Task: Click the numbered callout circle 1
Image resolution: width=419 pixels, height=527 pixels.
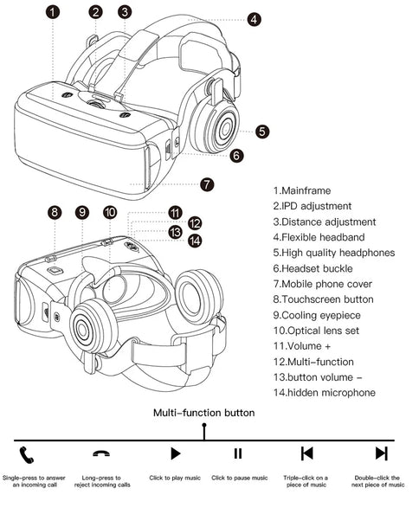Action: tap(53, 12)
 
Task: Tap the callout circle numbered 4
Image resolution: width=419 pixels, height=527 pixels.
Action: tap(254, 20)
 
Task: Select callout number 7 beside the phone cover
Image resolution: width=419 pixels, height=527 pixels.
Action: tap(207, 184)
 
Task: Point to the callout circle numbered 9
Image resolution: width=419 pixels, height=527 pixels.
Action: tap(82, 212)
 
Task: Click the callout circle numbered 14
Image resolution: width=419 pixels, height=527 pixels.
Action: tap(195, 241)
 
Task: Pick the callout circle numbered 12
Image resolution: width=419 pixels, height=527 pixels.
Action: tap(195, 223)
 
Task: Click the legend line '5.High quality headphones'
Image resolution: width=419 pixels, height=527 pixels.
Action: tap(334, 253)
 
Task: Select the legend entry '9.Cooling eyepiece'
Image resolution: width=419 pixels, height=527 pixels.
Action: tap(317, 315)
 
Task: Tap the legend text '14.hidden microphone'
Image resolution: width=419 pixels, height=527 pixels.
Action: tap(324, 393)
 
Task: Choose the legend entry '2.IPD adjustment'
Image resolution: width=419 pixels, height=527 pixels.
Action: tap(313, 206)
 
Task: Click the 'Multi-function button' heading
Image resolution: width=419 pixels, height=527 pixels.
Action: tap(203, 413)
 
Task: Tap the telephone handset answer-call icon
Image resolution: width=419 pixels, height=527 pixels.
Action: tap(27, 455)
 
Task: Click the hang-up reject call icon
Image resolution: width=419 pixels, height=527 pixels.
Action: tap(101, 453)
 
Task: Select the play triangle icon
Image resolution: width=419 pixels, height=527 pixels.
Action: tap(176, 453)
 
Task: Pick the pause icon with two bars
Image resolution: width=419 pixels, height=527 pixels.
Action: tap(238, 453)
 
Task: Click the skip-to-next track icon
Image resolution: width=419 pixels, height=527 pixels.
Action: tap(381, 453)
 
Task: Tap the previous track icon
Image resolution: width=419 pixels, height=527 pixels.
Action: tap(307, 453)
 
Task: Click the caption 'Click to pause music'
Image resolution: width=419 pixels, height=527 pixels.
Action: tap(240, 478)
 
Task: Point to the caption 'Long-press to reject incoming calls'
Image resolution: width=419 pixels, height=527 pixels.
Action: tap(102, 481)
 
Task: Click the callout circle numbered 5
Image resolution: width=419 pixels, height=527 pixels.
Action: tap(262, 132)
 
